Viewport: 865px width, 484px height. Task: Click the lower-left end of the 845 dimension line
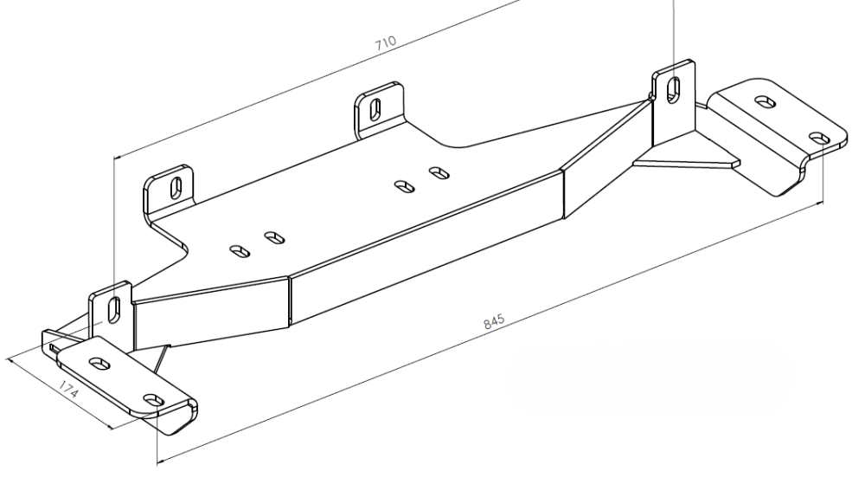tap(157, 461)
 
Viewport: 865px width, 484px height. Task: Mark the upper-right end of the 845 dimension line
tap(823, 203)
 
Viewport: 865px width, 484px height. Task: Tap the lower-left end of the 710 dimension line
tap(114, 158)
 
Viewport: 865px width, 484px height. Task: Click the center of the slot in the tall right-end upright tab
tap(674, 89)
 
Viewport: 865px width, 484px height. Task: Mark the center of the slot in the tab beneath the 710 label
tap(375, 109)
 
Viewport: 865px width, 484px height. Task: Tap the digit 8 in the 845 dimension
tap(486, 325)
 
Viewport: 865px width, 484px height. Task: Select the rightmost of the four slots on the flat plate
tap(439, 173)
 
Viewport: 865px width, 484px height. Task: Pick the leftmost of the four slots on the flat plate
tap(240, 251)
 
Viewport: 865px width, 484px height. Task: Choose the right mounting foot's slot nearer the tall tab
tap(765, 101)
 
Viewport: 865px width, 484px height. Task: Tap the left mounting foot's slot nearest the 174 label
tap(99, 363)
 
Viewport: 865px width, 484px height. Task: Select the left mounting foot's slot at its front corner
tap(154, 399)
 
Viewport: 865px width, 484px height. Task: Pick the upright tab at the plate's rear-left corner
tap(169, 190)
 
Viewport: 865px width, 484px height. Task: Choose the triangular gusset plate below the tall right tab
tap(686, 160)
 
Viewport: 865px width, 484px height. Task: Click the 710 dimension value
tap(386, 43)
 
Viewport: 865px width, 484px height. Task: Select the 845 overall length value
tap(494, 322)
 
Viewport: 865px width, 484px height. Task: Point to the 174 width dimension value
tap(68, 390)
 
